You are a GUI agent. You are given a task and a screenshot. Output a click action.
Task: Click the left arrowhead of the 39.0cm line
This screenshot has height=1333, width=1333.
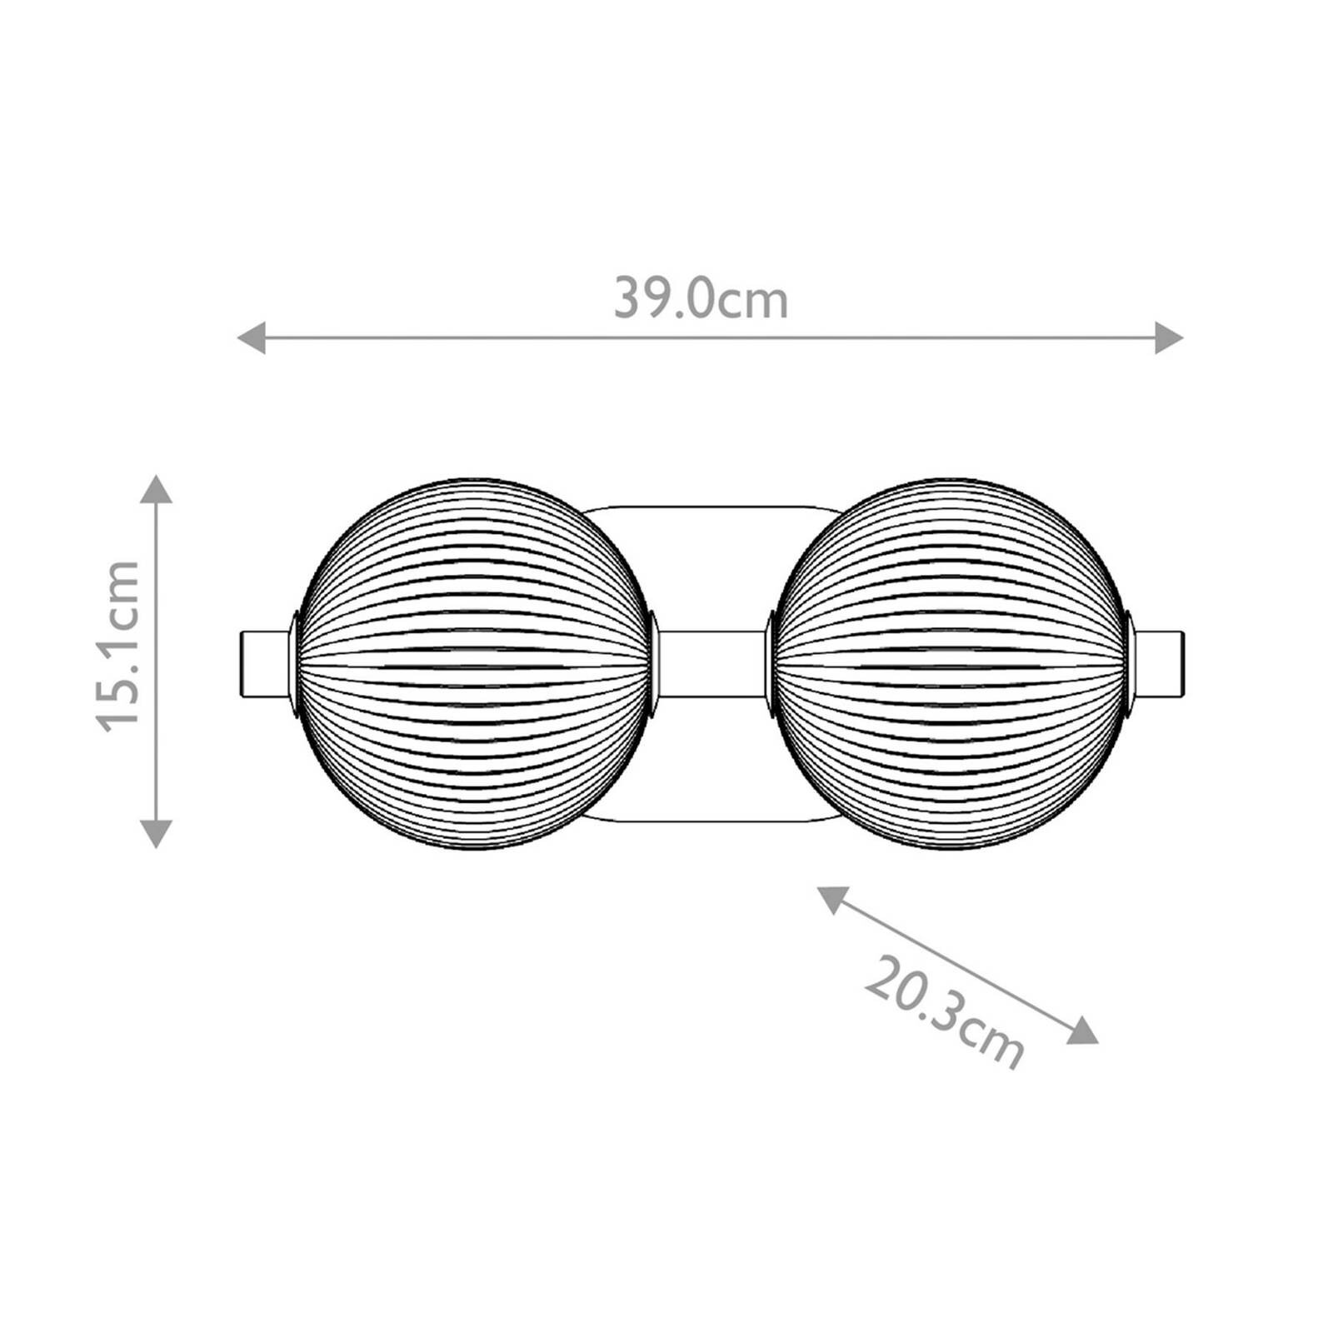[x=251, y=338]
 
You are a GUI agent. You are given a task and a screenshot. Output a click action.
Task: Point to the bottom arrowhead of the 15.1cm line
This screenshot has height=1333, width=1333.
[x=156, y=833]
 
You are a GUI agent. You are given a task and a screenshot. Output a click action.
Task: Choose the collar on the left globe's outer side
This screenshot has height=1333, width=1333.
[x=294, y=664]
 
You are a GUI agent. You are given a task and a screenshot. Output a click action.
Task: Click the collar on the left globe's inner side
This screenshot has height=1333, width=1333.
[x=653, y=664]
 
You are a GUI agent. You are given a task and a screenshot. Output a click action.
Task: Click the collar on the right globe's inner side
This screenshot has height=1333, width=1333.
[x=771, y=664]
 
